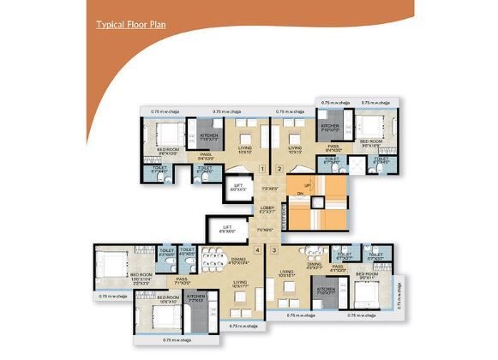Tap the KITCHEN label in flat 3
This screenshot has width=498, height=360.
[327, 290]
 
